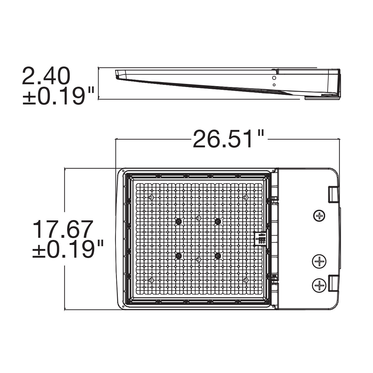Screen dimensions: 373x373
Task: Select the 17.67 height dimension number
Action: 62,229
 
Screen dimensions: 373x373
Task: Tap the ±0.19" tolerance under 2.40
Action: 58,96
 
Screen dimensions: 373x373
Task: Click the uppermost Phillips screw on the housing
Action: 319,215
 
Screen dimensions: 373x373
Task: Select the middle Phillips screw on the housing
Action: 319,261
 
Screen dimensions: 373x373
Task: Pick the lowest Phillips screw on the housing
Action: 319,285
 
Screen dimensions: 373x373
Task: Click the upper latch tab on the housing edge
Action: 334,195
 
